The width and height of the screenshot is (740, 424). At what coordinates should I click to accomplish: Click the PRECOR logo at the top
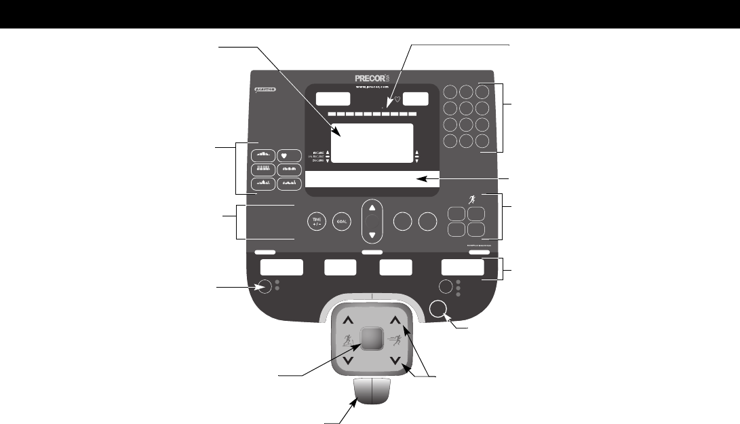click(371, 78)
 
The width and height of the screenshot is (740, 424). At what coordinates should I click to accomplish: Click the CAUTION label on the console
click(264, 90)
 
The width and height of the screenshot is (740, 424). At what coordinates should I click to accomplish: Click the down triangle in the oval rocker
click(372, 235)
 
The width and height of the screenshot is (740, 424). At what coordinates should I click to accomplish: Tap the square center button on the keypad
click(371, 337)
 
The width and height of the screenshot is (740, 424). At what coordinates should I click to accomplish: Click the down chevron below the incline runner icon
click(347, 361)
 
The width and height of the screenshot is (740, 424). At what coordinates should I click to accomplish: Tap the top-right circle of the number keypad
click(481, 92)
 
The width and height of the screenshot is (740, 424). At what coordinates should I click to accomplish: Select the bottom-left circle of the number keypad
click(450, 141)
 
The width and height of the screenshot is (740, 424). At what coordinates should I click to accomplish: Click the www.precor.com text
click(371, 88)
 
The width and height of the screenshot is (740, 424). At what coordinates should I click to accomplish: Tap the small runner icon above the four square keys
click(473, 199)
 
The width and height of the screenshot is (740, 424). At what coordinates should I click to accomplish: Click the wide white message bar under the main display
click(372, 180)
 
